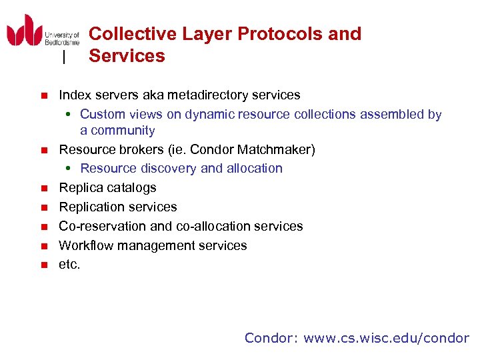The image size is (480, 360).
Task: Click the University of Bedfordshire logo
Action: (x=43, y=32)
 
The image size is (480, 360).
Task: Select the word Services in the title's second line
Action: (x=127, y=56)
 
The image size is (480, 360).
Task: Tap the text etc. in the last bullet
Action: (x=69, y=265)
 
